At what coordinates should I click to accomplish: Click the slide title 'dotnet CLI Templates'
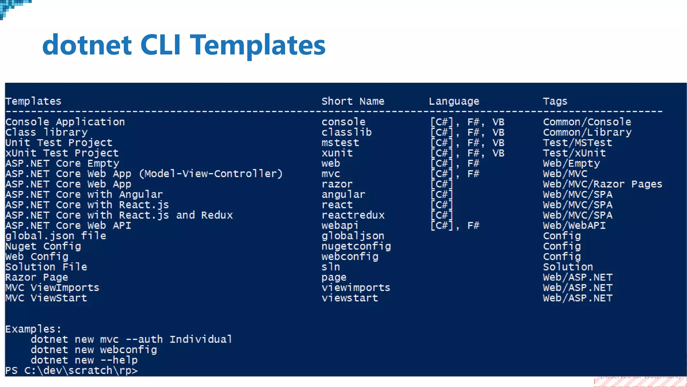click(184, 45)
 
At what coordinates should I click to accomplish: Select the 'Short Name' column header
click(353, 101)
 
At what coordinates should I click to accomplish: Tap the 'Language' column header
click(454, 101)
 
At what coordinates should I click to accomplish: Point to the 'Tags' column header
click(555, 101)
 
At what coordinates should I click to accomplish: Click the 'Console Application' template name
click(65, 122)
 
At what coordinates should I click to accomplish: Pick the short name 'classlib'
click(347, 132)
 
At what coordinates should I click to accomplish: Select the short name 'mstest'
click(340, 143)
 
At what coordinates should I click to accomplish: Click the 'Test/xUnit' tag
click(574, 153)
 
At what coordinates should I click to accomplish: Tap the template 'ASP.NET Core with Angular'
click(84, 195)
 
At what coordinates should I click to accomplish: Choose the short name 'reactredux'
click(353, 215)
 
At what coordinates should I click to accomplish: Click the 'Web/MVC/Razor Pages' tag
click(602, 184)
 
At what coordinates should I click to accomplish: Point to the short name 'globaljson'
click(353, 236)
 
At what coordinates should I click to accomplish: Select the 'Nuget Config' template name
click(43, 247)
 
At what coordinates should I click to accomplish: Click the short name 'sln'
click(331, 267)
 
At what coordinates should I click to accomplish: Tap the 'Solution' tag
click(568, 267)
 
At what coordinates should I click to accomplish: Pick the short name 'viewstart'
click(350, 298)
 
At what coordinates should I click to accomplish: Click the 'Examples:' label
click(33, 329)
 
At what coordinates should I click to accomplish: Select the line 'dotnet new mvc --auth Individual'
click(131, 339)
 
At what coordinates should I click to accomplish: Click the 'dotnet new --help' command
click(84, 360)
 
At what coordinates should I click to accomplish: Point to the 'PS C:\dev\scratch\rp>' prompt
click(71, 371)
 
